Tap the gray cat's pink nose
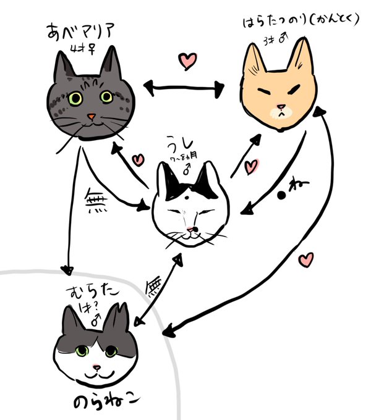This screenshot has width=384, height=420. [x=90, y=116]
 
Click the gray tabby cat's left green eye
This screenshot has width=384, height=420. [x=75, y=98]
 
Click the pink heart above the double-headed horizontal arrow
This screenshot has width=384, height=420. [x=187, y=61]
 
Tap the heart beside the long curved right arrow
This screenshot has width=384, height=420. [x=305, y=260]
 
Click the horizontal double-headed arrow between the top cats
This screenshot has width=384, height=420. [x=183, y=89]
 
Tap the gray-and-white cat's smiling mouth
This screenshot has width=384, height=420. [x=96, y=374]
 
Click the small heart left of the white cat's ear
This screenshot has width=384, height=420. [x=138, y=160]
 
